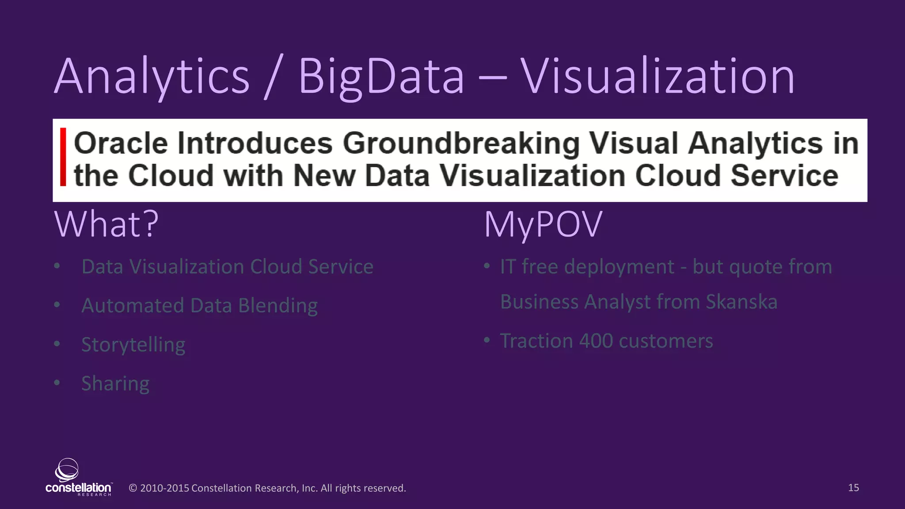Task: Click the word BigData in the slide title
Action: click(x=381, y=77)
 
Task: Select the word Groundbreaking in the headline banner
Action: click(x=461, y=144)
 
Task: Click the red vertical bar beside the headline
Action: click(x=63, y=157)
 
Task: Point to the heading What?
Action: click(x=106, y=224)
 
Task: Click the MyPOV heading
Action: click(x=543, y=224)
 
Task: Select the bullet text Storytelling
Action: click(x=133, y=345)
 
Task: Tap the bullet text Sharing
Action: click(x=115, y=384)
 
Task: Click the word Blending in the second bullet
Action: click(x=278, y=306)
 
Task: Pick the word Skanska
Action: click(x=741, y=302)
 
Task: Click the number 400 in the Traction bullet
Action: click(x=596, y=341)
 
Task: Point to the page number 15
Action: click(x=853, y=487)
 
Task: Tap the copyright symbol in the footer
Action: click(x=133, y=488)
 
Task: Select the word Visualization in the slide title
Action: click(x=657, y=77)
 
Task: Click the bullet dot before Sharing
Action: click(x=57, y=383)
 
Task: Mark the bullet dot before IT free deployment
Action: click(x=487, y=266)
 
